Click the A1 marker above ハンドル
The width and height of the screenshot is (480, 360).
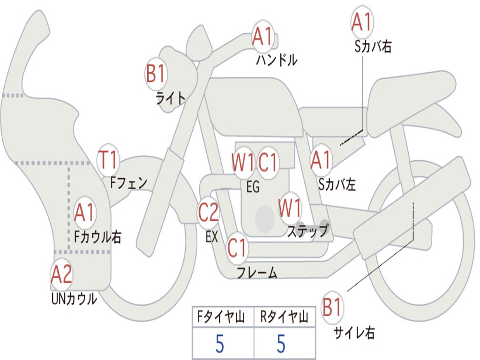[262, 36]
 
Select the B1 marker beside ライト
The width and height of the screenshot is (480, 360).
[156, 74]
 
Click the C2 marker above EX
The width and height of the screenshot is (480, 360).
[209, 212]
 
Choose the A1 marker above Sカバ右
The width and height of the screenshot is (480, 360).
[362, 22]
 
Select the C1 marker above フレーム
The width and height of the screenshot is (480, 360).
[237, 247]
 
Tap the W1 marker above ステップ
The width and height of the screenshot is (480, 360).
[290, 208]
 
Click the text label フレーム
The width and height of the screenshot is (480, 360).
[257, 273]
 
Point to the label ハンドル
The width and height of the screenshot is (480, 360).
[277, 60]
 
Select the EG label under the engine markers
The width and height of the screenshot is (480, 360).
[253, 187]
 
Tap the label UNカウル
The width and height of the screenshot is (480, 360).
[74, 299]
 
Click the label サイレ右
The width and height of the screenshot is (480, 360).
[354, 333]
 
